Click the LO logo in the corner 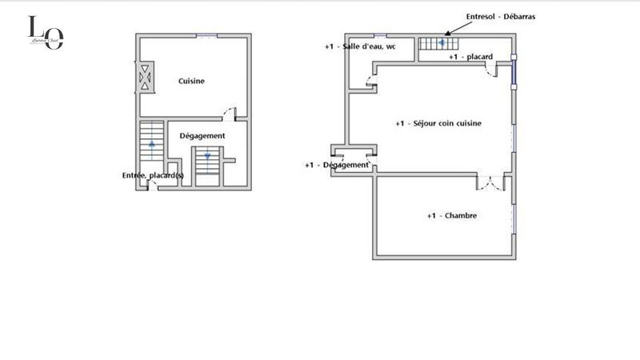click(45, 33)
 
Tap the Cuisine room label click(191, 81)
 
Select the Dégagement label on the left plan click(202, 136)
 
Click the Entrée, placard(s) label click(152, 175)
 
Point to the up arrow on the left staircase click(151, 143)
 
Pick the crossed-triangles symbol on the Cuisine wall click(145, 78)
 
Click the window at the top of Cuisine click(207, 35)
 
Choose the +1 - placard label click(470, 58)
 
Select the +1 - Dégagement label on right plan click(337, 165)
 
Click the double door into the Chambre click(491, 182)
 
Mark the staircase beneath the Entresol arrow click(437, 43)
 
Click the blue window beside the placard click(514, 73)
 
